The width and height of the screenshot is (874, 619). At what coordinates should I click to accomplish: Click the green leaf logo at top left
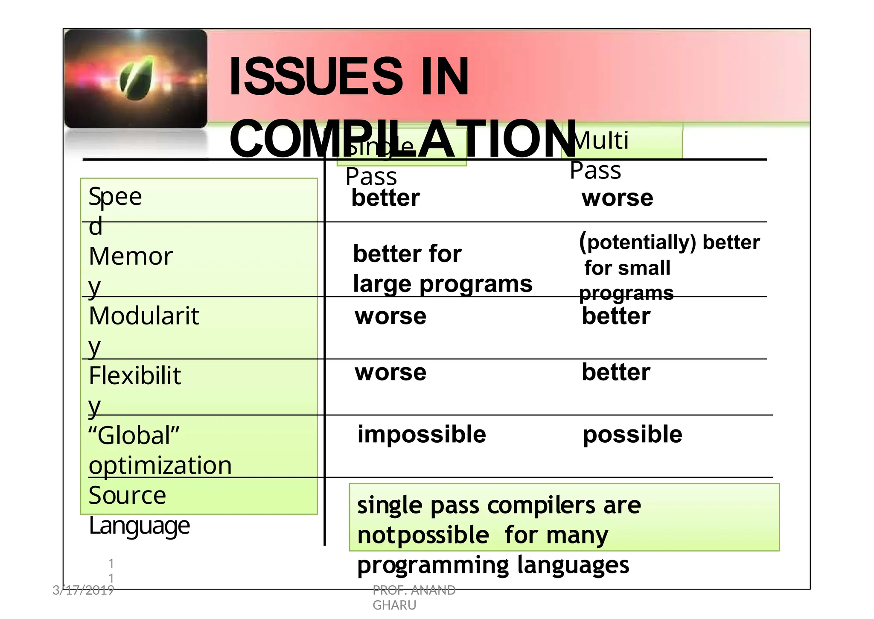(136, 79)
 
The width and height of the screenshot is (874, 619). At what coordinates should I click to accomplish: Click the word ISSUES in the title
(315, 77)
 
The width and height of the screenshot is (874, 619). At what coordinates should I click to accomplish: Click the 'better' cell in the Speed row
(385, 198)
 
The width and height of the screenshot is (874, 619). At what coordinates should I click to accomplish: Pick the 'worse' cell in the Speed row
(617, 198)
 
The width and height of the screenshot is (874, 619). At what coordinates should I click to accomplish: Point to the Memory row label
(131, 271)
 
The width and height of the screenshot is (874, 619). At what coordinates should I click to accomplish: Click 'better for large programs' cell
(443, 269)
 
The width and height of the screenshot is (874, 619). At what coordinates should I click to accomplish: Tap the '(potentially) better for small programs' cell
(669, 267)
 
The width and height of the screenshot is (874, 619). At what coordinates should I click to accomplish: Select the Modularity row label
(143, 330)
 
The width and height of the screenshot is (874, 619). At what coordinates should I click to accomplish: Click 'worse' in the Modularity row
(390, 316)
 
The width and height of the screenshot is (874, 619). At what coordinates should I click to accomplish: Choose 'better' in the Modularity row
(616, 316)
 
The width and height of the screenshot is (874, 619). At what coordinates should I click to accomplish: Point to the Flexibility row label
(134, 390)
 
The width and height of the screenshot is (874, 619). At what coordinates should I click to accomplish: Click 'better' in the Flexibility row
(616, 372)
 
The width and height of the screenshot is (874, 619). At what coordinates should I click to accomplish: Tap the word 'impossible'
(422, 435)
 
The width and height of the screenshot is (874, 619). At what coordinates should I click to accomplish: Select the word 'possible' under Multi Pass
(632, 435)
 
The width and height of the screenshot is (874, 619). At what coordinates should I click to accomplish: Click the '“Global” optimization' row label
(160, 450)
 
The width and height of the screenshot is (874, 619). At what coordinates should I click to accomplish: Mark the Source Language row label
(139, 510)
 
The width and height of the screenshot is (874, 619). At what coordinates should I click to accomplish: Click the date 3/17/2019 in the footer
(83, 590)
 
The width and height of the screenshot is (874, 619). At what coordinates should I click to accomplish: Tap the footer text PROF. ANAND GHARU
(414, 597)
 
